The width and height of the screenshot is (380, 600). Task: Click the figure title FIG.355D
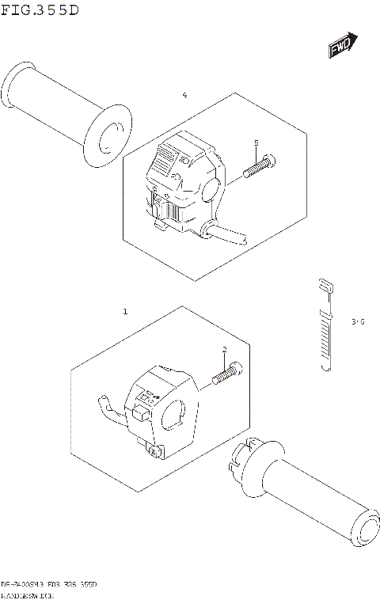(40, 9)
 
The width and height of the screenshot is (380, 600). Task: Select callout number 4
(184, 95)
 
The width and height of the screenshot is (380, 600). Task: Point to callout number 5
(256, 142)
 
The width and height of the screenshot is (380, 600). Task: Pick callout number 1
(124, 313)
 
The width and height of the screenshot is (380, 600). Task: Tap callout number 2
(224, 350)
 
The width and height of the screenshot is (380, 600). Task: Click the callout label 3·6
(358, 321)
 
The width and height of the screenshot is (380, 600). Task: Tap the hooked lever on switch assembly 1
(105, 406)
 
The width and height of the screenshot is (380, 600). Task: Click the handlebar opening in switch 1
(175, 415)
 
